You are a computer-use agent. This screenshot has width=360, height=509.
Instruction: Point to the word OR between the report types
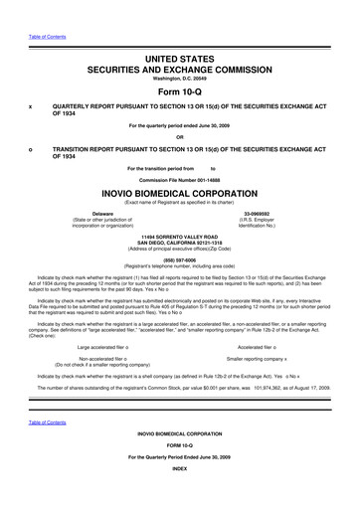click(x=180, y=136)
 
